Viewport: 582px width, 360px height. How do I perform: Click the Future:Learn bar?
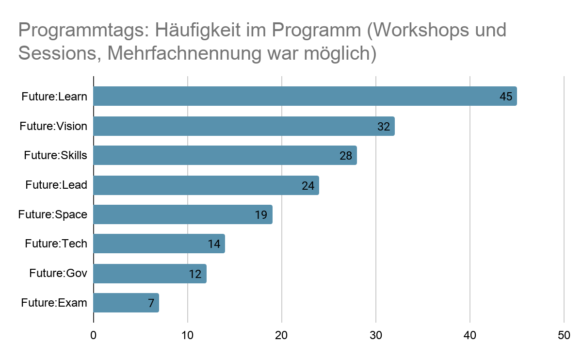291,96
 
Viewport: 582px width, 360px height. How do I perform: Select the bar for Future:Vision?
233,126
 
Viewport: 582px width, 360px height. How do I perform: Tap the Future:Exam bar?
121,303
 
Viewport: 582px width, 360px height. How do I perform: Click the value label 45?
506,97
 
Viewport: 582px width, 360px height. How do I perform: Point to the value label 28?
346,156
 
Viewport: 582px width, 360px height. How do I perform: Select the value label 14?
214,244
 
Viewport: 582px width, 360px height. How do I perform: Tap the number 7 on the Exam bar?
151,304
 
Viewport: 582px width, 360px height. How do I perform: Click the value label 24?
308,185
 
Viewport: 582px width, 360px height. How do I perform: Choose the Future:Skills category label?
55,156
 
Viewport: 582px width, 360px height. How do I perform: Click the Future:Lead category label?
56,185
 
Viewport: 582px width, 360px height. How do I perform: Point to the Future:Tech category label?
56,244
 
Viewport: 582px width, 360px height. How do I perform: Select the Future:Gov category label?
58,273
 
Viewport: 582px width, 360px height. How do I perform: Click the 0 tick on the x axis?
93,335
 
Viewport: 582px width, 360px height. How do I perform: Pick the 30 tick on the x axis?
376,335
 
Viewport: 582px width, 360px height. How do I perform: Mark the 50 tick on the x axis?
564,335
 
